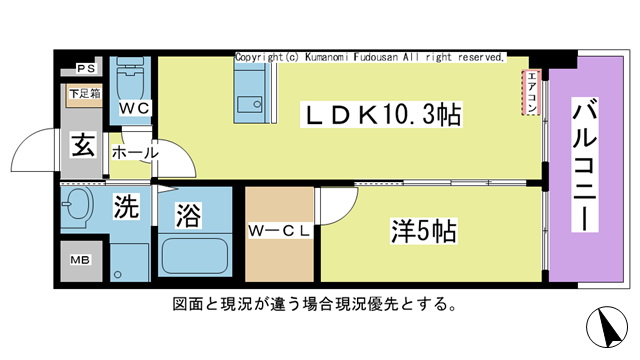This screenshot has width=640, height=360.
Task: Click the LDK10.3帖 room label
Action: (382, 115)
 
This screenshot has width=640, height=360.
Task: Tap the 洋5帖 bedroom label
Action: (423, 232)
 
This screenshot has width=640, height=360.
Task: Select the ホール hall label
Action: (134, 153)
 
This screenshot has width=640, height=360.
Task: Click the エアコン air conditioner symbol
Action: (532, 94)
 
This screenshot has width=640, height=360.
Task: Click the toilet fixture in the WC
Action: (131, 76)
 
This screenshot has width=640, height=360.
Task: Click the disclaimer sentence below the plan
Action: (316, 303)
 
